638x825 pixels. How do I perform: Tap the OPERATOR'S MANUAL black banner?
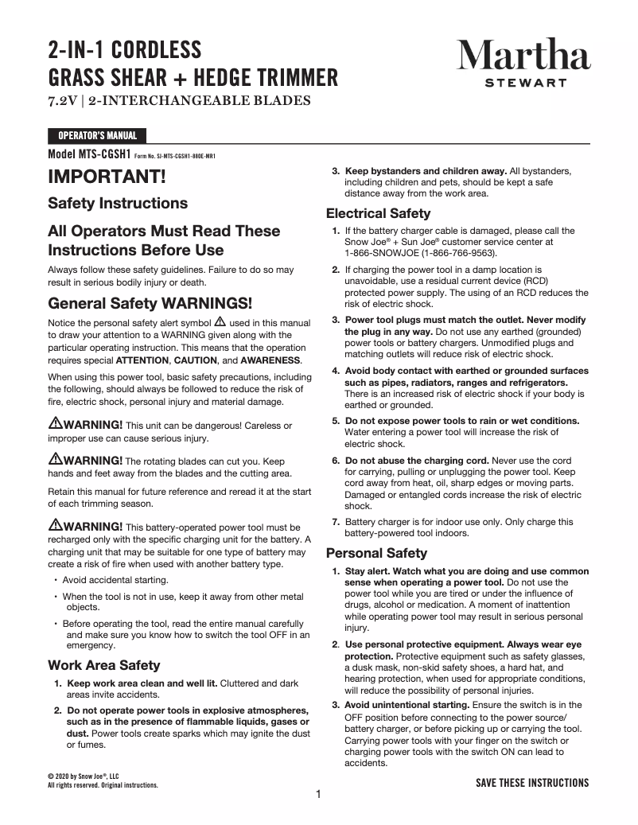tap(97, 136)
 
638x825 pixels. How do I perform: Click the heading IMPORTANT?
tap(107, 176)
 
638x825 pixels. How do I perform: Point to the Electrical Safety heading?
tap(379, 213)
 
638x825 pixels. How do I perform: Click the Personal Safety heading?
tap(377, 553)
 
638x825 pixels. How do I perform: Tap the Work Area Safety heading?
tap(104, 665)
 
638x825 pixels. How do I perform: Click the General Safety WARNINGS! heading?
tap(150, 303)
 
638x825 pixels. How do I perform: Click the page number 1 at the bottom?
tap(318, 794)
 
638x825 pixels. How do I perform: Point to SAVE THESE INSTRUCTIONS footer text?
tap(532, 783)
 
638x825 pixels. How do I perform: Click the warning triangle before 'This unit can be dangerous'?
tap(55, 423)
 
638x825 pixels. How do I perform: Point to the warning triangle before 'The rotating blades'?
tap(55, 459)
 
